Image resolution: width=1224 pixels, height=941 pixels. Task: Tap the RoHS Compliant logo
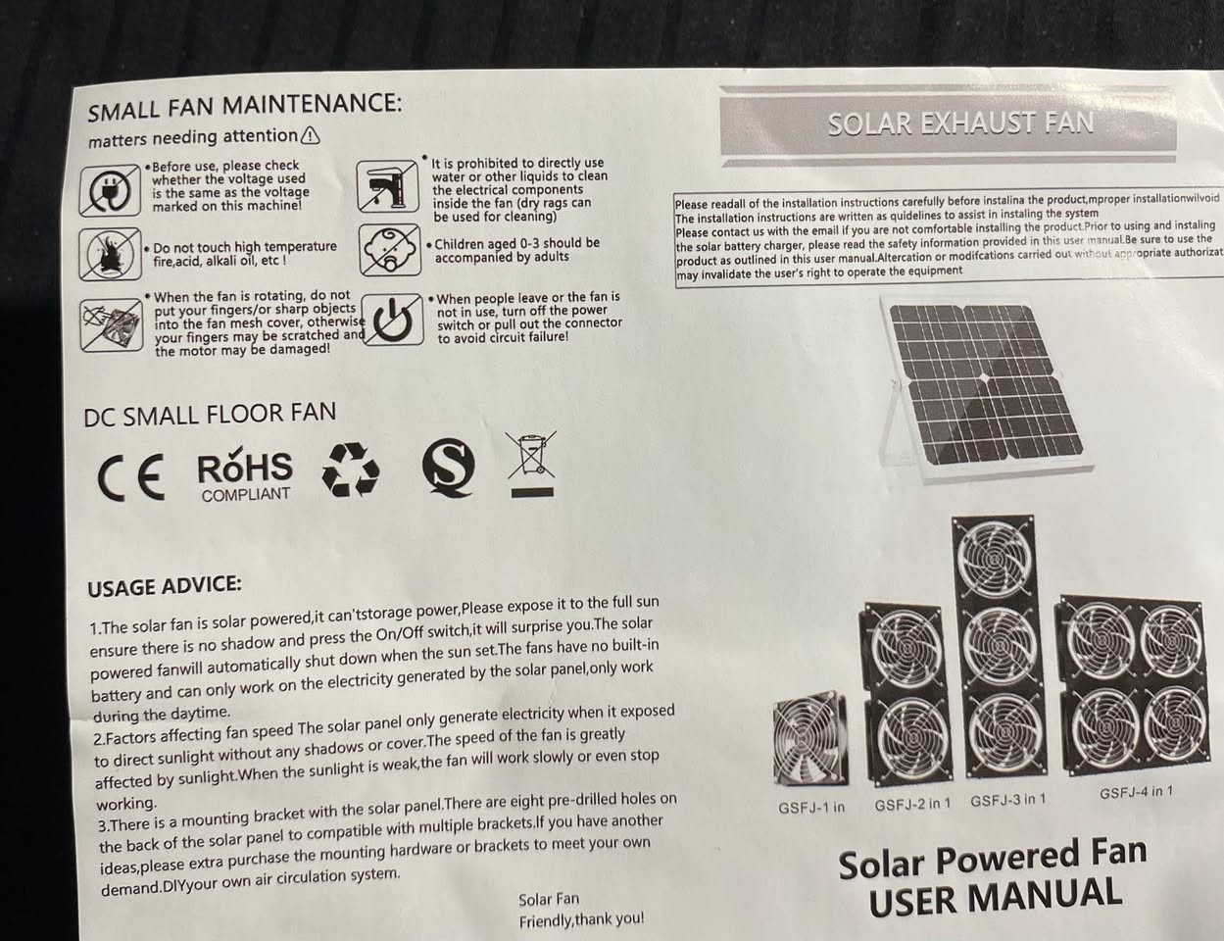coord(245,473)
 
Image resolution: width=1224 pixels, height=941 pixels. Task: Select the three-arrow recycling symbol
coord(351,470)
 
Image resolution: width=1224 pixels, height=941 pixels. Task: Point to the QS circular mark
coord(449,468)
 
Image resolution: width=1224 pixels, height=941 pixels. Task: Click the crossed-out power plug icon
coord(110,191)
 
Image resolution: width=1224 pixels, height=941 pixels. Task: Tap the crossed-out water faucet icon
coord(387,186)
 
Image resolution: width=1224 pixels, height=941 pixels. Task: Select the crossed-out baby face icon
coord(390,250)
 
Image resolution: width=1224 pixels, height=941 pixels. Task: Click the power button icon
coord(392,320)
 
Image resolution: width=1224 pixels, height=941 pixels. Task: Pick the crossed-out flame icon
coord(111,254)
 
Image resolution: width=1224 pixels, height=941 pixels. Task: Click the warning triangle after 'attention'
coord(311,135)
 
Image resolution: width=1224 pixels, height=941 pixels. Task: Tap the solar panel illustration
coord(983,388)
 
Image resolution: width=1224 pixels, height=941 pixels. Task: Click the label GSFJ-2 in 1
coord(912,804)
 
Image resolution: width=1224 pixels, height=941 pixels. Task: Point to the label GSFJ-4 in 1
coord(1136,792)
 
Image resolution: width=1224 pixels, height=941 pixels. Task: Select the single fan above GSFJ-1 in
coord(810,738)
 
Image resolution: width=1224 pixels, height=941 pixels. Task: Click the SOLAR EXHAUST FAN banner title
coord(960,124)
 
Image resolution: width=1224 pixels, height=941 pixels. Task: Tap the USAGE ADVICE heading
coord(165,586)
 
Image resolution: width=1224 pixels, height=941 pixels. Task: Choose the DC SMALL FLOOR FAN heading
coord(210,415)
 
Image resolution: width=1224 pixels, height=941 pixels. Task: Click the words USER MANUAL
coord(996,897)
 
